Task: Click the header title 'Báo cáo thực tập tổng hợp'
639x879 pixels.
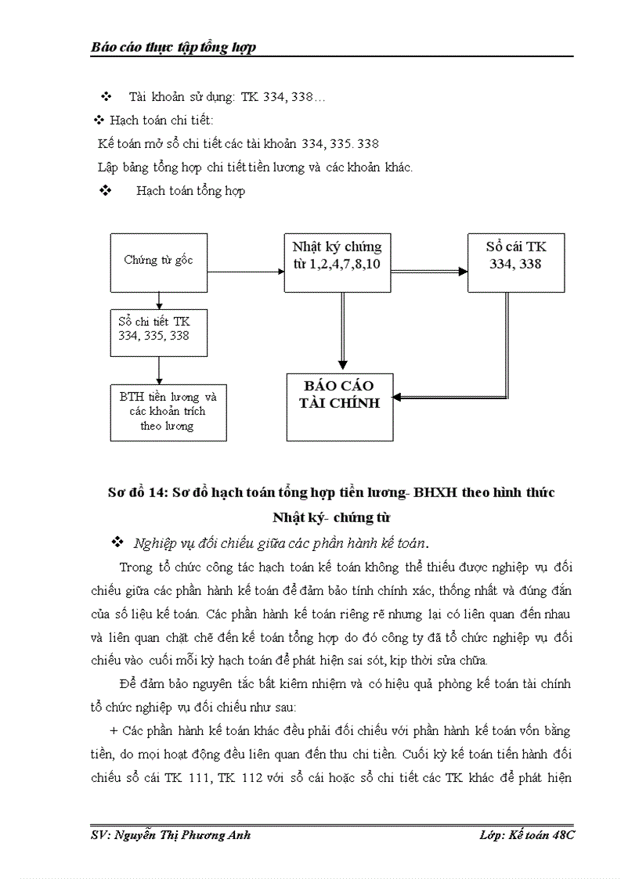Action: coord(174,48)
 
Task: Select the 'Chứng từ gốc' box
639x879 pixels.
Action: coord(158,261)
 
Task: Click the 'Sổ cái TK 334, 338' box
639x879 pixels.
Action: coord(515,261)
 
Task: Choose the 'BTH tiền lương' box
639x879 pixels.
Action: coord(168,412)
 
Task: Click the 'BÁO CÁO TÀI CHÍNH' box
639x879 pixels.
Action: coord(340,405)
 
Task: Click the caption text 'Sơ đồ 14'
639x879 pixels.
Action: coord(134,492)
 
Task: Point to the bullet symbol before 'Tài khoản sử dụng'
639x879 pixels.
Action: coord(106,97)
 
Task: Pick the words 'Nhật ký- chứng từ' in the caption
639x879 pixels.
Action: coord(331,517)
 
